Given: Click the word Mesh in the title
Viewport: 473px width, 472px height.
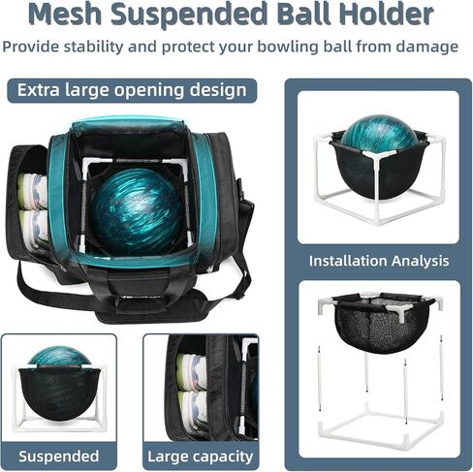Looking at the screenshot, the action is [x=64, y=15].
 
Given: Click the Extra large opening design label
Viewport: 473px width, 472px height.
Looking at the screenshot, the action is [x=132, y=90].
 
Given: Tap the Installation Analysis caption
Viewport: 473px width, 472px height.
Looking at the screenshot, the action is [x=379, y=261].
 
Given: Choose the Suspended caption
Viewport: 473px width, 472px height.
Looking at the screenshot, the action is [x=59, y=456].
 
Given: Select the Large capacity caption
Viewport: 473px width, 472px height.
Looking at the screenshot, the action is [x=201, y=456].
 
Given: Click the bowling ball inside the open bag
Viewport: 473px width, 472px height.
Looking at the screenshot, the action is [x=138, y=211].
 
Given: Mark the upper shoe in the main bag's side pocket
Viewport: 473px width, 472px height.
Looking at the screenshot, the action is [x=32, y=191].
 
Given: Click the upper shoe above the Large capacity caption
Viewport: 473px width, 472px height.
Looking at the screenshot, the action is [x=191, y=371].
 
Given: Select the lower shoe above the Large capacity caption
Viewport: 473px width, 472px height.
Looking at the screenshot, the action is [x=193, y=408].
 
